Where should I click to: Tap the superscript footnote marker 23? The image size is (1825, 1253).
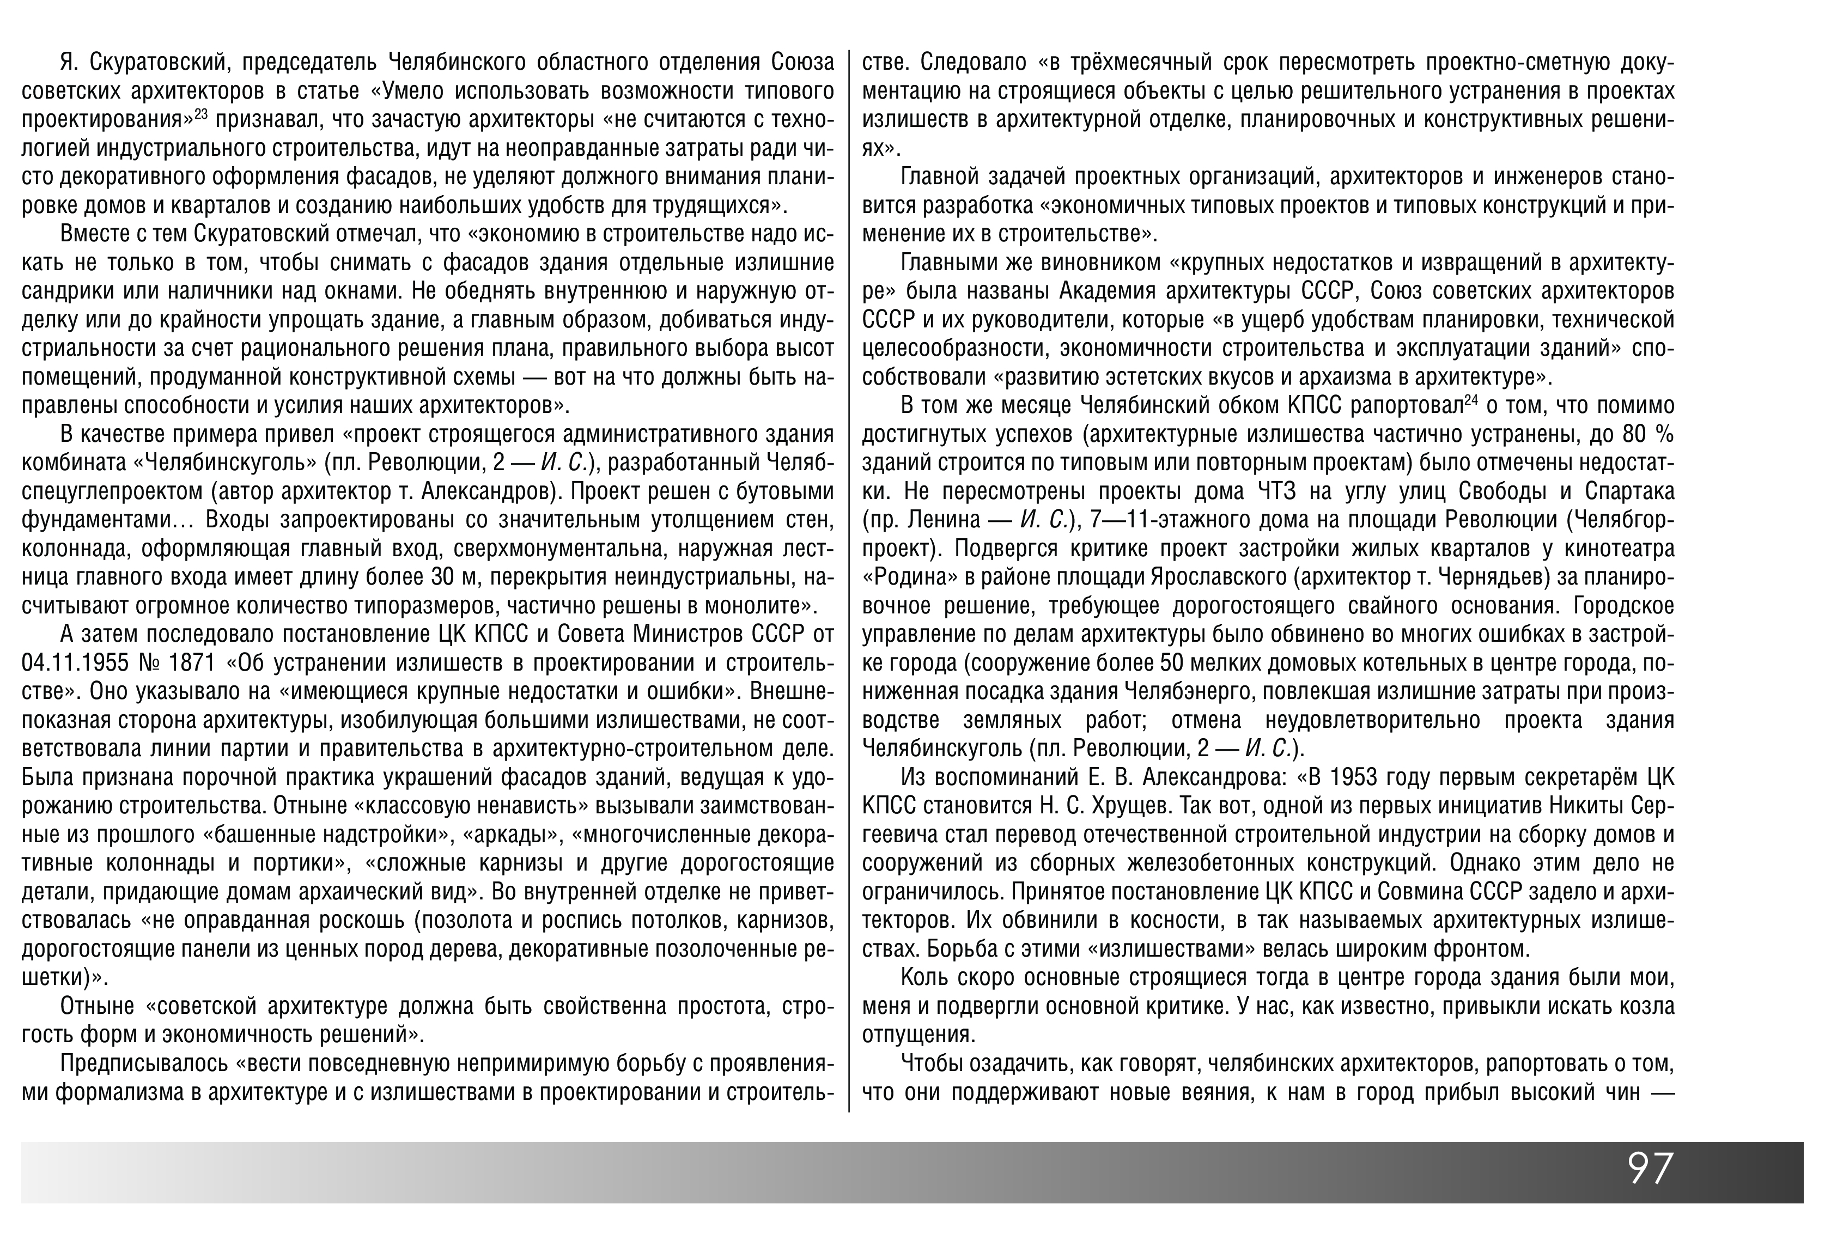pyautogui.click(x=201, y=114)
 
